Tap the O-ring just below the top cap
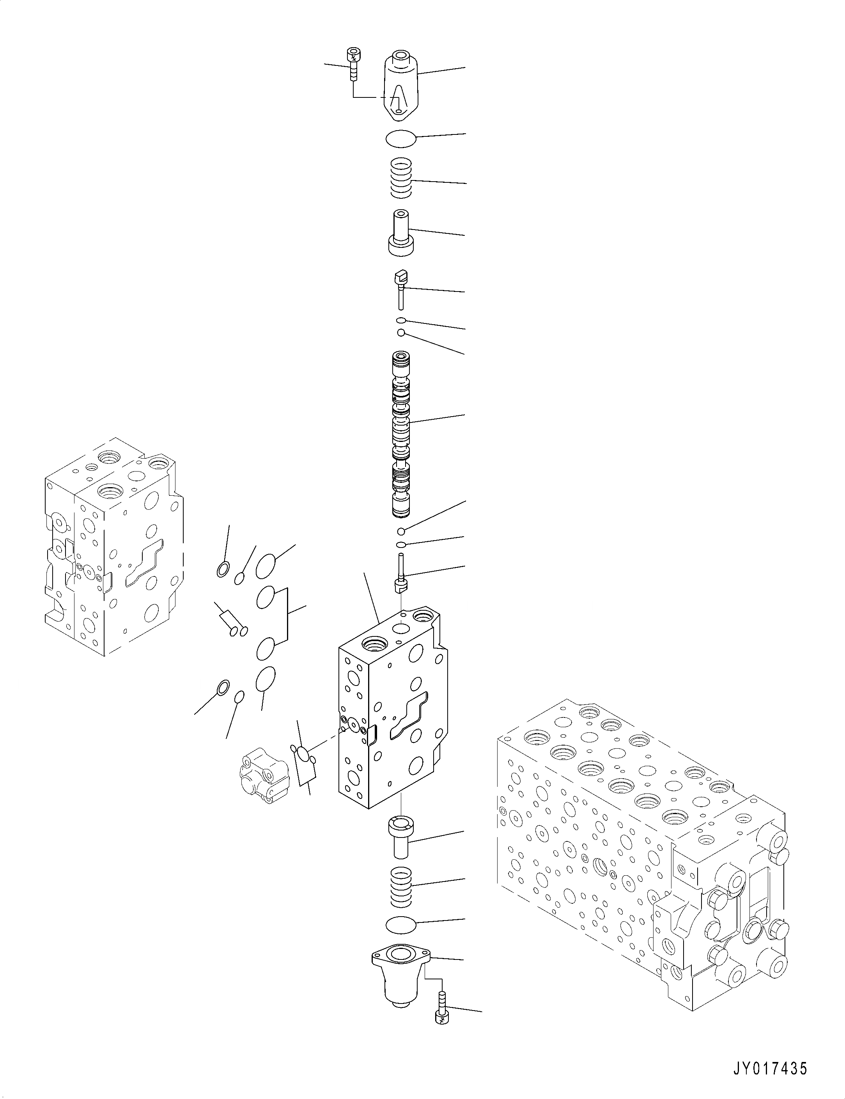point(401,138)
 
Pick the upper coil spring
point(401,178)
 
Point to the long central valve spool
point(401,435)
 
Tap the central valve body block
point(392,714)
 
